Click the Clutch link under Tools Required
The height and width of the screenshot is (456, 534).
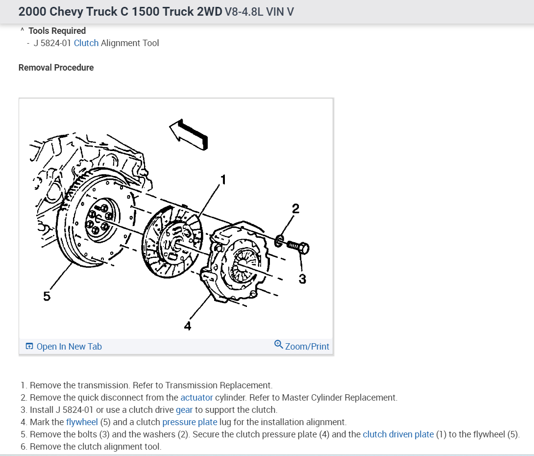click(86, 43)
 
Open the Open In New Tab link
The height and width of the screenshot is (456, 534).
click(69, 347)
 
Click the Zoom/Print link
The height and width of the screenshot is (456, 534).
click(307, 347)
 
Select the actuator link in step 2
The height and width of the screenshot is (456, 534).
click(196, 398)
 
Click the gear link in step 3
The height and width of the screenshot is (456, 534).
click(184, 410)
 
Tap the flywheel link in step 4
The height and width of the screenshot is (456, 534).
click(82, 422)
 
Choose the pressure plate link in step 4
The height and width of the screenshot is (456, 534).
click(190, 422)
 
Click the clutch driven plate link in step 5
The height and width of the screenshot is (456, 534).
click(398, 434)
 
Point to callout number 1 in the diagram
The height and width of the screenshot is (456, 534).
click(223, 180)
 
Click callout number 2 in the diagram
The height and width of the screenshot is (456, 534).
click(295, 208)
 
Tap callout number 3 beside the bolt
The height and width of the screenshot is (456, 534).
click(302, 279)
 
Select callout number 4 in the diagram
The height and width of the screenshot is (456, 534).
click(187, 326)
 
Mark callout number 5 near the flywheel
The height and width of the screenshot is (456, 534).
click(47, 296)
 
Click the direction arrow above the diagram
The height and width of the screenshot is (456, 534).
click(189, 133)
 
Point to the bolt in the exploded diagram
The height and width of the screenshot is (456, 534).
click(297, 246)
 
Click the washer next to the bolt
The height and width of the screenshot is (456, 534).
click(279, 241)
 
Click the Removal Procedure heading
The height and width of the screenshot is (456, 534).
click(56, 68)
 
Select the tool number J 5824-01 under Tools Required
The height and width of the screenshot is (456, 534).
click(52, 43)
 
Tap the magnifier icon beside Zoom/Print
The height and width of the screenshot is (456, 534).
click(278, 344)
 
